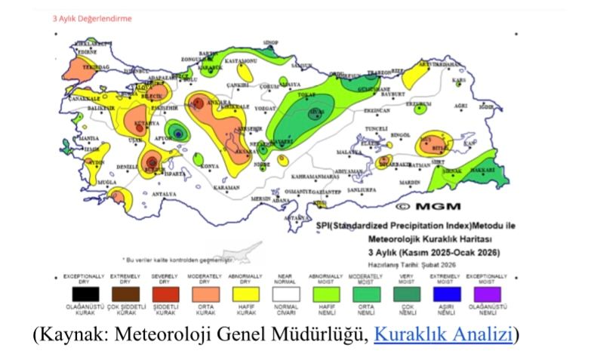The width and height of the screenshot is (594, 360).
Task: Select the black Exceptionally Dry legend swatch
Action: coord(83,294)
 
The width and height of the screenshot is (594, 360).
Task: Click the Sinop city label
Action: coord(269,43)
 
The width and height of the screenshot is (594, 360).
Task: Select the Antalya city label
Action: coord(165,194)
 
